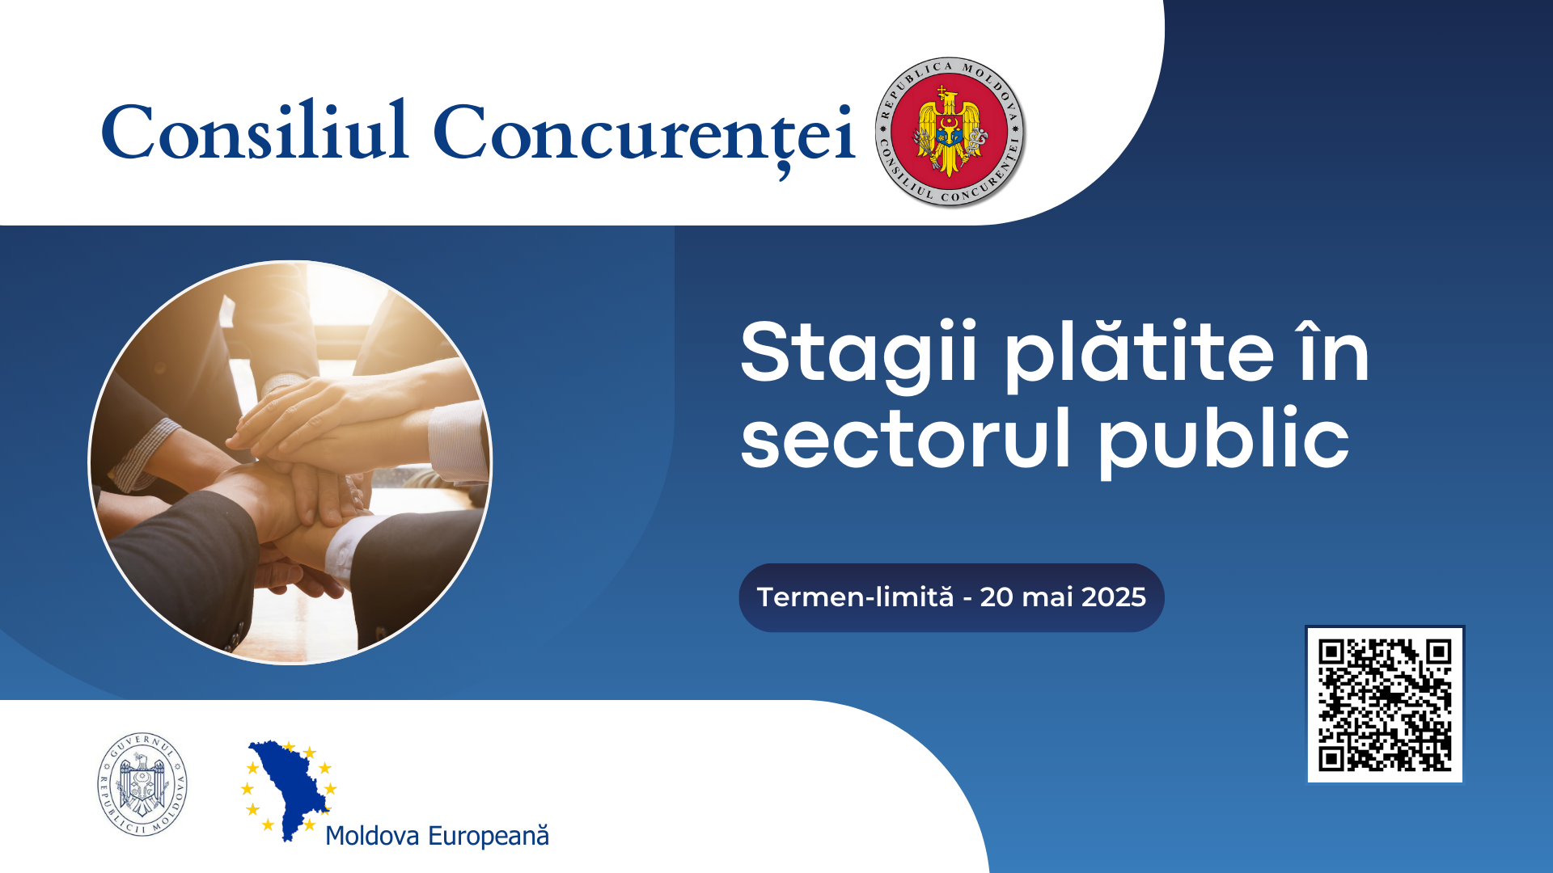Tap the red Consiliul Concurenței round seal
tap(950, 132)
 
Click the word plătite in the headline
tap(1140, 353)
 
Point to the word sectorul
tap(906, 438)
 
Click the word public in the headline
tap(1224, 441)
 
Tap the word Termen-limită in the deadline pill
tap(855, 597)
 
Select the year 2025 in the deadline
tap(1114, 597)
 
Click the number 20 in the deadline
tap(997, 597)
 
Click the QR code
tap(1385, 704)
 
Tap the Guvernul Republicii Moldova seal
tap(142, 784)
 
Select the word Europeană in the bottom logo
tap(489, 836)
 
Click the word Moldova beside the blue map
tap(372, 836)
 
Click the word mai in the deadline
tap(1047, 597)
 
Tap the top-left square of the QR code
tap(1331, 652)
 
